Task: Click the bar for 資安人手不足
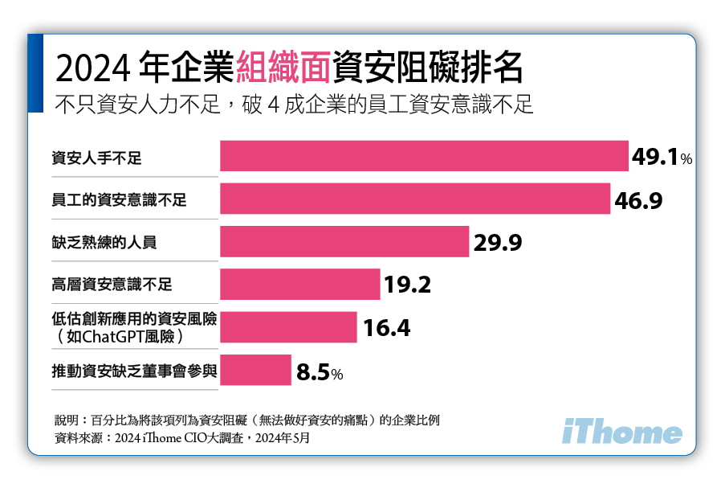tap(423, 156)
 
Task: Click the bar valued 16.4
tap(288, 327)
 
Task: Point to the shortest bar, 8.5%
tap(255, 371)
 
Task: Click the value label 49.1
tap(654, 157)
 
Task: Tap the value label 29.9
tap(498, 242)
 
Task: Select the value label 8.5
tap(313, 372)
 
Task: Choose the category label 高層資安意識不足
tap(112, 285)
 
